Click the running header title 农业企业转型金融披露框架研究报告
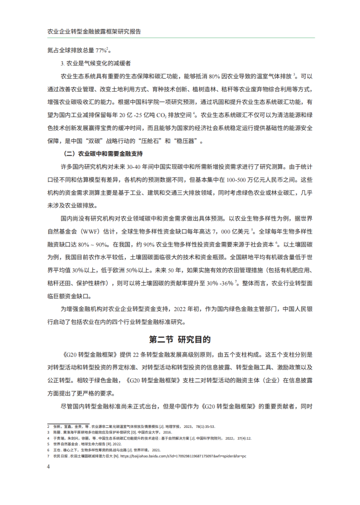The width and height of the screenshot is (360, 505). click(94, 31)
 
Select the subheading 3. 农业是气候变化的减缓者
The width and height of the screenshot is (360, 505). click(96, 63)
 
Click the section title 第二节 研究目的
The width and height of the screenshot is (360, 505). click(179, 339)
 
